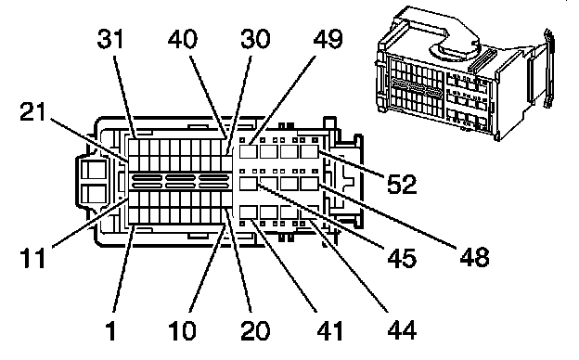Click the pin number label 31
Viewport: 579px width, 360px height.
110,39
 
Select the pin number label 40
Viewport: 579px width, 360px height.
183,39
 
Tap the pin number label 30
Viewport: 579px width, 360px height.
255,39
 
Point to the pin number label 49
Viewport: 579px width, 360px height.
328,39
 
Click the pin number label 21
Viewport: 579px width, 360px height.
32,111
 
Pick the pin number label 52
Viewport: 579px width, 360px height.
402,185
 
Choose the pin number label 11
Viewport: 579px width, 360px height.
32,257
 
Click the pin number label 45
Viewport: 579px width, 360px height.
402,257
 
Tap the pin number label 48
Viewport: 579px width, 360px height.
474,257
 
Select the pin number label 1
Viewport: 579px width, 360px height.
110,330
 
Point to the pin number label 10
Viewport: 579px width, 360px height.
183,330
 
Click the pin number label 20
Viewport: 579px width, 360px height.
255,330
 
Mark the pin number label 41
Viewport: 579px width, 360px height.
329,330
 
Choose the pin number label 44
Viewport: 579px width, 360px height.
402,330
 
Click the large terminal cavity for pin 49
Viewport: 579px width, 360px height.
249,152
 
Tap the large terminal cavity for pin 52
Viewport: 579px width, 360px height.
309,152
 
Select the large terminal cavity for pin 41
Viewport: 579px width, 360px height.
249,212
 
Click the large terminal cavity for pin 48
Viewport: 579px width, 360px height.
309,184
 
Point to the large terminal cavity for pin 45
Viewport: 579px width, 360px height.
249,184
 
